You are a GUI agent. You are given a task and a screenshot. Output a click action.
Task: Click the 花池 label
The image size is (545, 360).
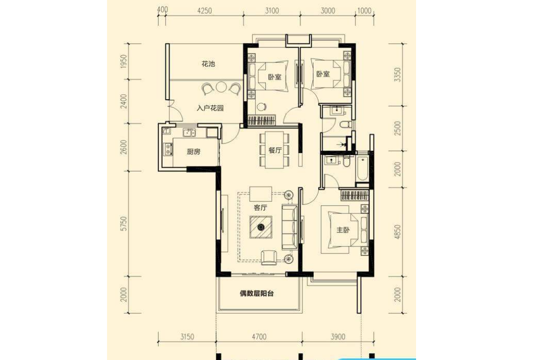[x=208, y=64]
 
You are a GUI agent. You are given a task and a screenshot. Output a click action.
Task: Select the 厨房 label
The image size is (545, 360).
[x=194, y=151]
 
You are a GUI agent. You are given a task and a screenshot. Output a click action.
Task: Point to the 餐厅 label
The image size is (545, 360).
[x=275, y=150]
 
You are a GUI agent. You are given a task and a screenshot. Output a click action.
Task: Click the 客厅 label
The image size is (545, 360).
[x=260, y=208]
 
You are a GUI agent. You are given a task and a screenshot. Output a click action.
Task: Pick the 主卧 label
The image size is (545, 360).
[x=342, y=230]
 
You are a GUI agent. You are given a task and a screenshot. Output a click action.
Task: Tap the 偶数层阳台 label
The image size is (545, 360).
[x=256, y=293]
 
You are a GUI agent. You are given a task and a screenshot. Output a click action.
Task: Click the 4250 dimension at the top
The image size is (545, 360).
[x=205, y=11]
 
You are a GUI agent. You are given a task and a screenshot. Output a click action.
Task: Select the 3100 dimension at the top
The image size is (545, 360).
[x=272, y=11]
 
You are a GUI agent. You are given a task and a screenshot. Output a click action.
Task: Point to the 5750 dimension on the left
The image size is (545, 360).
[x=124, y=223]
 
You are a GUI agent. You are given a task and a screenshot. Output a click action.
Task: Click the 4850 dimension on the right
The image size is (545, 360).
[x=398, y=232]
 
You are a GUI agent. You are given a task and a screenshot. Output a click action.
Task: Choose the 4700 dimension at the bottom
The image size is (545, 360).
[x=259, y=337]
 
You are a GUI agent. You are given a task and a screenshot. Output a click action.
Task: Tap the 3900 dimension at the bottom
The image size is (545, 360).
[x=338, y=337]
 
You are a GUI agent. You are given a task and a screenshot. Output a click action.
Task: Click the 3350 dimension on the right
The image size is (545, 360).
[x=398, y=75]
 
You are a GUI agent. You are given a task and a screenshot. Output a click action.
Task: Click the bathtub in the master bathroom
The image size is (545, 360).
[x=362, y=169]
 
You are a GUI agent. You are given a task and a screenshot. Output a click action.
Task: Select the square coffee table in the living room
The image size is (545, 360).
[x=260, y=227]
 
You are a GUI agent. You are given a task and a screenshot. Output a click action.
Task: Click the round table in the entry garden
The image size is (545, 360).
[x=221, y=87]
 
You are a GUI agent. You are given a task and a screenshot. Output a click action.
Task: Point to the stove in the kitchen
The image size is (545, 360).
[x=168, y=149]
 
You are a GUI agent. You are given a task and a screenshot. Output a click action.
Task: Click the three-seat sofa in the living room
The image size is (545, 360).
[x=289, y=227]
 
